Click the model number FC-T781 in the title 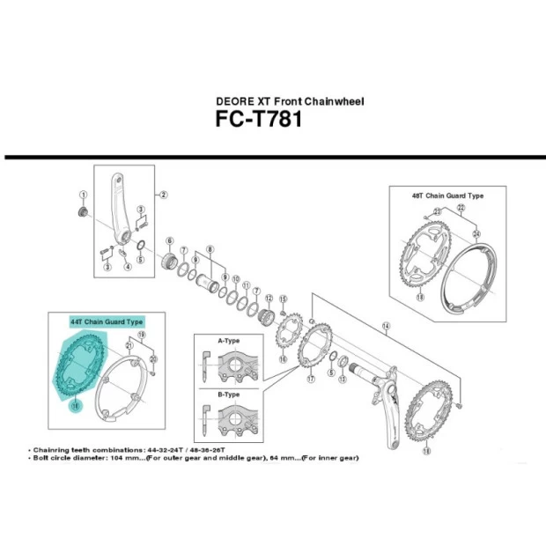pos(258,119)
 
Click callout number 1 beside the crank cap pos(83,196)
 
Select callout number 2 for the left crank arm pos(163,195)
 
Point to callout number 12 pos(269,299)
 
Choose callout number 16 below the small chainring pos(283,359)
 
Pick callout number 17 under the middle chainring pos(310,380)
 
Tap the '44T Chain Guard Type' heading pos(106,322)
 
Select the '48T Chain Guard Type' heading pos(448,195)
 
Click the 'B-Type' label pos(226,394)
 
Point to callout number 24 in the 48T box pos(477,233)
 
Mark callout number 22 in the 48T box pos(460,207)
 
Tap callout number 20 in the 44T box pos(153,359)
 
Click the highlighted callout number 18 pos(76,405)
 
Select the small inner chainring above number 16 pos(287,335)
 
